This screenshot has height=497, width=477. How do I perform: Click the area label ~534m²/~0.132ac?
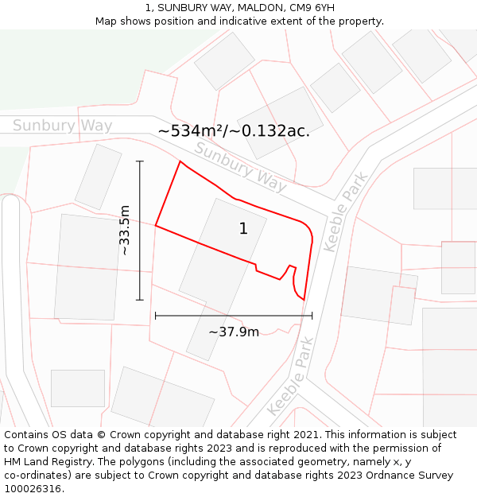(x=234, y=131)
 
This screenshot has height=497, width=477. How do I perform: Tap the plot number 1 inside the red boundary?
(x=243, y=229)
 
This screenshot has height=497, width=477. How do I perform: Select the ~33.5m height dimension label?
(x=125, y=231)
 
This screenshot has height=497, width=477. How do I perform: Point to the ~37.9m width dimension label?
(x=234, y=332)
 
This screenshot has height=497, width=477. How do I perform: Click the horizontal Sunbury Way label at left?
(x=62, y=126)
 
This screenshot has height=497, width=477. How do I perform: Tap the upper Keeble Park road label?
(x=346, y=212)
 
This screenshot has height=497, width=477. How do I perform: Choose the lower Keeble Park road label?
(x=291, y=377)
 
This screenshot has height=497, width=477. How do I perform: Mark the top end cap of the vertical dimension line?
(x=140, y=161)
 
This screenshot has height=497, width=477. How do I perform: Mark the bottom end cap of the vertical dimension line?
(x=140, y=300)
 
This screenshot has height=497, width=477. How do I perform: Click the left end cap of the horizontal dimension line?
(x=155, y=316)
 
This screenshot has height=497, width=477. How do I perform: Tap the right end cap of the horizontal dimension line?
(x=312, y=316)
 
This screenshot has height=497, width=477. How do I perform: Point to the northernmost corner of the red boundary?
(x=180, y=161)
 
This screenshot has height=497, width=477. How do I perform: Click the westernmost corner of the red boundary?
(x=156, y=226)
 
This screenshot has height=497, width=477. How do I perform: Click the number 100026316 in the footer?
(x=33, y=489)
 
